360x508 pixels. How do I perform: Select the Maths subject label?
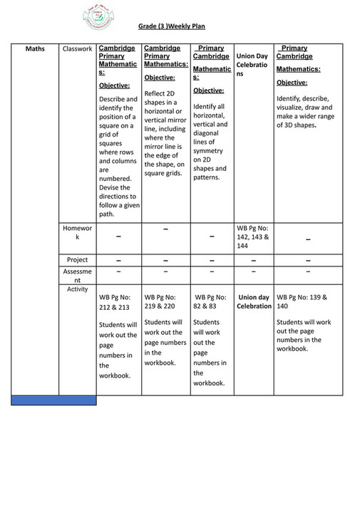35,49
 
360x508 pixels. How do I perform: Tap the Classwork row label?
78,49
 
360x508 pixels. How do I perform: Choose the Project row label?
78,260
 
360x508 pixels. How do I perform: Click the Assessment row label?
78,276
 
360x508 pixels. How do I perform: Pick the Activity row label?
78,289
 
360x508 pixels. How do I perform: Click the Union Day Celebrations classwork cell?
252,65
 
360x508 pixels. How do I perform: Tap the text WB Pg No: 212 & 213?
115,303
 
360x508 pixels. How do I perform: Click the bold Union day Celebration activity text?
254,301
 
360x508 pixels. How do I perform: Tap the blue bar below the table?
53,400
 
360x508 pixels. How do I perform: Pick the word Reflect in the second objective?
156,93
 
